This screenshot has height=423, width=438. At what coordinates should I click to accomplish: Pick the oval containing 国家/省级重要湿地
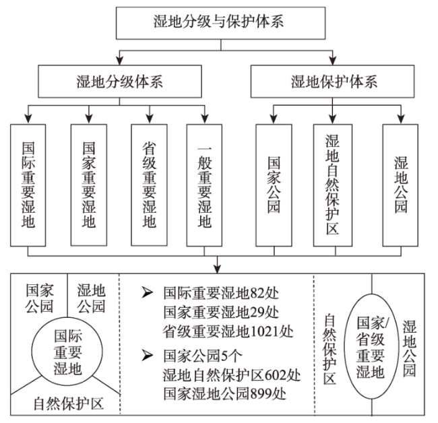[x=344, y=346]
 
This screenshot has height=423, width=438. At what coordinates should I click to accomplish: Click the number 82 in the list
[x=257, y=293]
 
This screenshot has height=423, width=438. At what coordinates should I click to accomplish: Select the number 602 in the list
[x=275, y=375]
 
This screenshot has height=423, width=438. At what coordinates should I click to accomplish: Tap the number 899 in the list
[x=261, y=394]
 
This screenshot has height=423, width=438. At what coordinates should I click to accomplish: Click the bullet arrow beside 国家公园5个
[x=148, y=356]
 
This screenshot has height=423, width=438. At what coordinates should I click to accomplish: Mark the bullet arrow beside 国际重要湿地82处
[x=148, y=292]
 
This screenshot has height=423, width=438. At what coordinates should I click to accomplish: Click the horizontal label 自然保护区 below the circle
[x=69, y=403]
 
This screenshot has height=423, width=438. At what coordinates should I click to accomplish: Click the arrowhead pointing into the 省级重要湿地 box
[x=150, y=119]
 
